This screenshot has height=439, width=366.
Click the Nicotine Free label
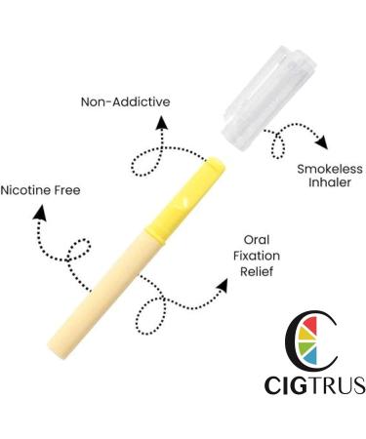pos(40,188)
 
